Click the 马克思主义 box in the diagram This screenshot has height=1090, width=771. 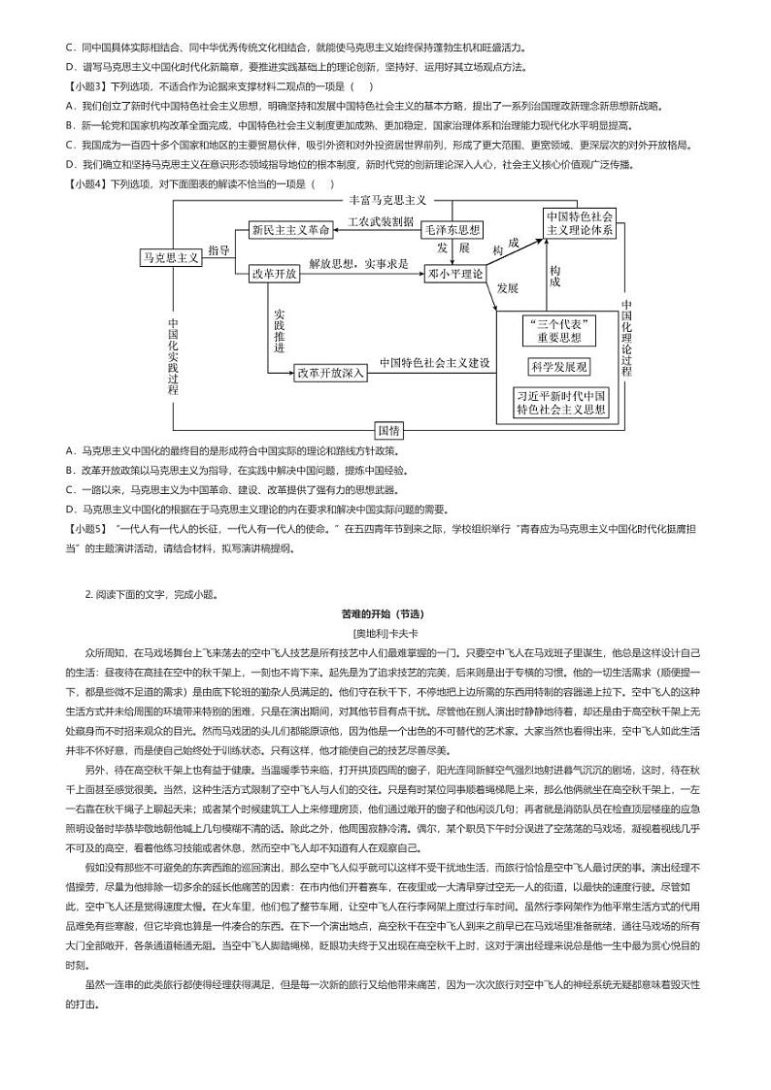171,257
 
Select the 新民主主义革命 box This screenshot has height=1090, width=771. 290,230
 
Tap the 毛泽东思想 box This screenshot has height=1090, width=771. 452,230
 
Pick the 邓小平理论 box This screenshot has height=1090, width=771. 455,274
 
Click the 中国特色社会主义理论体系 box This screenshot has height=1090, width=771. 580,223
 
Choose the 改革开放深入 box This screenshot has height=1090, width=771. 330,372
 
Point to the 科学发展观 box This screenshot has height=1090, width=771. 559,367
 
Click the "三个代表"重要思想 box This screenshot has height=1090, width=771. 559,330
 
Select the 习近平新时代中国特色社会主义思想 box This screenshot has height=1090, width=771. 561,403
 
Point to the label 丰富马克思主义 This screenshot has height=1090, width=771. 388,200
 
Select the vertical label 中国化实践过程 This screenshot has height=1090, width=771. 172,356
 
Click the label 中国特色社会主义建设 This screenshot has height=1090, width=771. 434,363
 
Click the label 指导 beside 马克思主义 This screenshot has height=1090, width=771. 218,250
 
